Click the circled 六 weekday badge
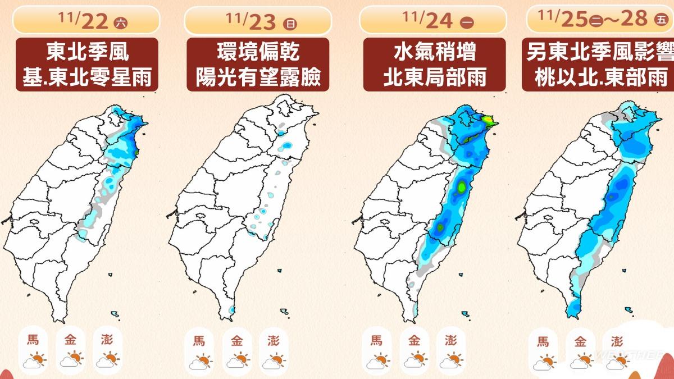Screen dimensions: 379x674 click(x=120, y=23)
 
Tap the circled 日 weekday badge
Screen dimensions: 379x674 click(x=290, y=23)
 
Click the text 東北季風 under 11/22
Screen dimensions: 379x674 click(x=87, y=53)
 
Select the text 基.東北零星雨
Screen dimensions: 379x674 click(x=87, y=77)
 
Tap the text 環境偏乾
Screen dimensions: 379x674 click(x=258, y=53)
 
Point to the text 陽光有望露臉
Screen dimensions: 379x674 click(x=258, y=77)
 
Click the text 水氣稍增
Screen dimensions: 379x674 click(x=433, y=53)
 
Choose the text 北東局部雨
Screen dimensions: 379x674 click(x=433, y=77)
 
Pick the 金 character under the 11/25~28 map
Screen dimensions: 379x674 click(x=581, y=341)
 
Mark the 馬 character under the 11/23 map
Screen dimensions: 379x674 click(x=199, y=340)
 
